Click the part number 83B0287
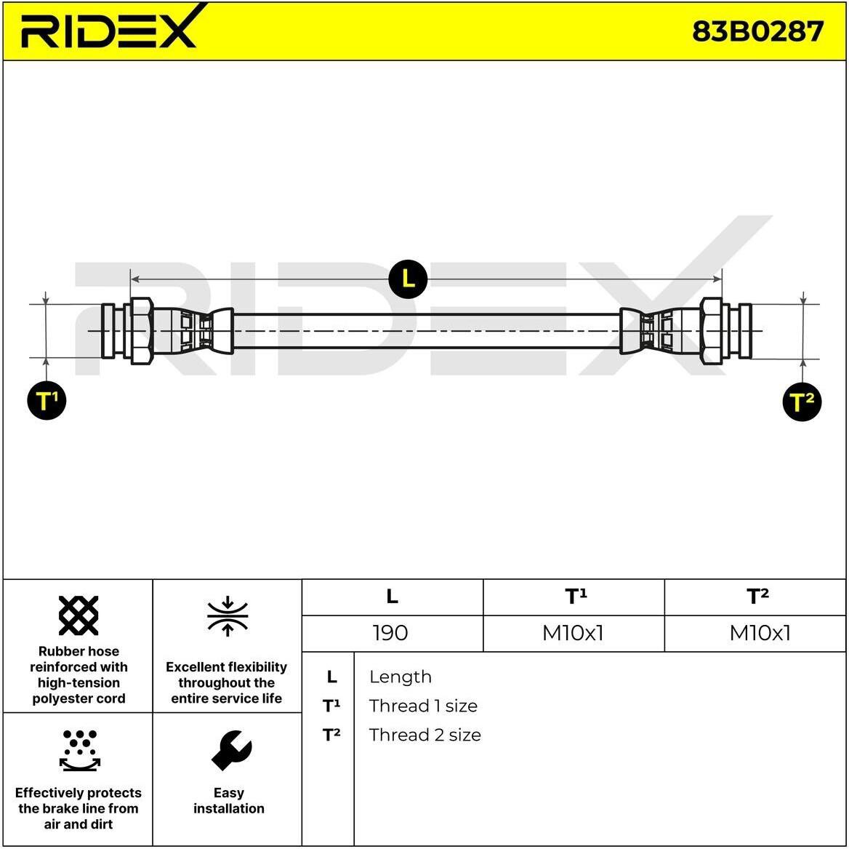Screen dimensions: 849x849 click(757, 31)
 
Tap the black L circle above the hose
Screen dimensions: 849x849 click(409, 279)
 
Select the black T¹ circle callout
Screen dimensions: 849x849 click(47, 400)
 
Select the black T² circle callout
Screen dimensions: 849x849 click(802, 402)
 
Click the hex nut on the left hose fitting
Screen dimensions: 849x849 click(142, 330)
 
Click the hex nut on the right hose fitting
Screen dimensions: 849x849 click(711, 330)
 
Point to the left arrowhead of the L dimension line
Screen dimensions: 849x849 click(135, 279)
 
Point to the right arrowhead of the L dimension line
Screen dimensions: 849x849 click(717, 279)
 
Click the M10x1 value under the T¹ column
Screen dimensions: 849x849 click(573, 633)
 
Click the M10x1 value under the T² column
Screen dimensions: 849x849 click(760, 633)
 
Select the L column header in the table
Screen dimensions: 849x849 click(392, 597)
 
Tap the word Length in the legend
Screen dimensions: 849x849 click(400, 677)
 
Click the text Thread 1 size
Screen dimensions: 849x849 click(423, 706)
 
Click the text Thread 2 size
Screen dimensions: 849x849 click(425, 736)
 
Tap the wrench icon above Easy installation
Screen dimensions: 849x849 click(231, 750)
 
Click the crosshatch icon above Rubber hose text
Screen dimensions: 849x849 click(79, 615)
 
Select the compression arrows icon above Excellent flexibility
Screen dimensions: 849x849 click(228, 616)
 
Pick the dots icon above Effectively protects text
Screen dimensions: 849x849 click(80, 750)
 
